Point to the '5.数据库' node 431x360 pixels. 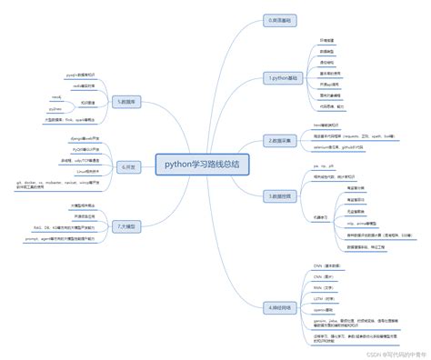[x=125, y=103]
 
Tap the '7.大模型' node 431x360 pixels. [x=125, y=225]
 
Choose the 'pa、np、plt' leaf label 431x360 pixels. [x=324, y=167]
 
